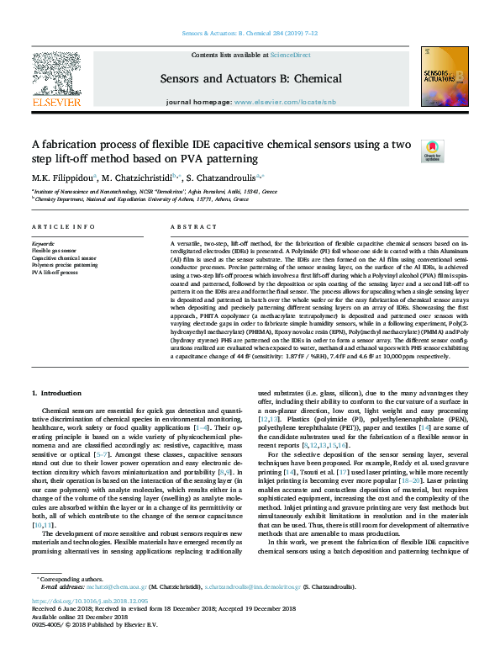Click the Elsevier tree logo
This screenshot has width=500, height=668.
click(x=56, y=77)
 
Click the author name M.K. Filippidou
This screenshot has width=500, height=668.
click(x=64, y=178)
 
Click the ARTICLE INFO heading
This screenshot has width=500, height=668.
click(x=63, y=228)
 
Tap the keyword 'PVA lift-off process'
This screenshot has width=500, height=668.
click(x=55, y=273)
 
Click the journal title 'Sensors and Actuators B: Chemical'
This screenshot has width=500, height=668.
click(x=250, y=79)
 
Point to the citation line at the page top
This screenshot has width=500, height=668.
click(x=250, y=35)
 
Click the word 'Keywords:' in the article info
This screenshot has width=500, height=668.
click(x=43, y=243)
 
